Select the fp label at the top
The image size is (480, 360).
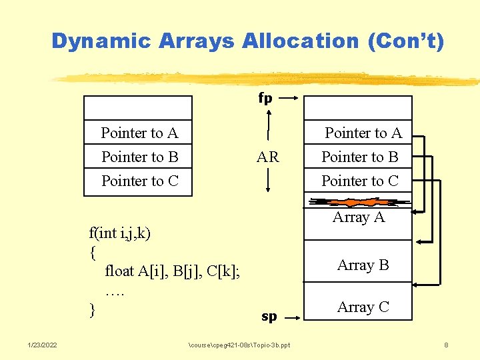(265, 99)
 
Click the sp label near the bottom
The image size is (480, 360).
(269, 317)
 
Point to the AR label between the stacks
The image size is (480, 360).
(267, 157)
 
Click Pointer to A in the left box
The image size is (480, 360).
(139, 133)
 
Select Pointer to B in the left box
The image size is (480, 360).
(139, 157)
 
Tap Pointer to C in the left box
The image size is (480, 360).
(139, 181)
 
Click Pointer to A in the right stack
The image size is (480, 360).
(363, 133)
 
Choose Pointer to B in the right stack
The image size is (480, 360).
(360, 157)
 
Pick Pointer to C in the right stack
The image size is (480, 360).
(360, 181)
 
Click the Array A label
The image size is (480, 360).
(359, 217)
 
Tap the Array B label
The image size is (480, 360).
(363, 265)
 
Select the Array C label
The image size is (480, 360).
(363, 307)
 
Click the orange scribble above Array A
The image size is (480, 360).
(358, 202)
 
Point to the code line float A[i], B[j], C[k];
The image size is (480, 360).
(173, 271)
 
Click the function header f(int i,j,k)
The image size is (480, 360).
(120, 233)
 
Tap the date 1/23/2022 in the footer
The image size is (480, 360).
(42, 345)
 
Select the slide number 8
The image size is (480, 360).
(446, 345)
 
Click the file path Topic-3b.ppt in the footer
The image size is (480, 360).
(239, 345)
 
